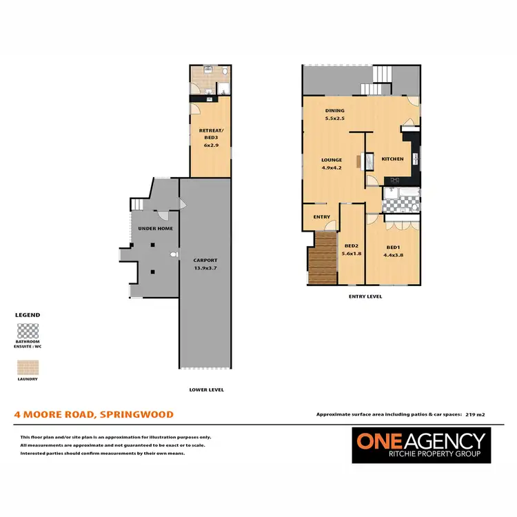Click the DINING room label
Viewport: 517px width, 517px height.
[335, 111]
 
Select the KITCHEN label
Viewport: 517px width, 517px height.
[392, 159]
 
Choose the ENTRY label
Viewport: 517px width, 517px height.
[321, 217]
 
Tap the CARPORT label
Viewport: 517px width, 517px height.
[206, 260]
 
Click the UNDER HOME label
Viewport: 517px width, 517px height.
[155, 228]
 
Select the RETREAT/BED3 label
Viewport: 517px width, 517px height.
[209, 134]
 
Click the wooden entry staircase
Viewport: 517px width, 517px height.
[322, 258]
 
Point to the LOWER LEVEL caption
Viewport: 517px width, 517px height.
[206, 389]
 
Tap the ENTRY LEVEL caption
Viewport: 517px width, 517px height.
[365, 296]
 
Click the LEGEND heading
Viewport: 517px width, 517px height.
[28, 315]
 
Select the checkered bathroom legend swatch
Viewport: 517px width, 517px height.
[28, 331]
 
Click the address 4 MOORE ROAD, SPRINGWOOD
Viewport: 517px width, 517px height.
[94, 414]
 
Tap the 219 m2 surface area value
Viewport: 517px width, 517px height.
[475, 414]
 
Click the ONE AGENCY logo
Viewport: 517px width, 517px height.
[419, 445]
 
